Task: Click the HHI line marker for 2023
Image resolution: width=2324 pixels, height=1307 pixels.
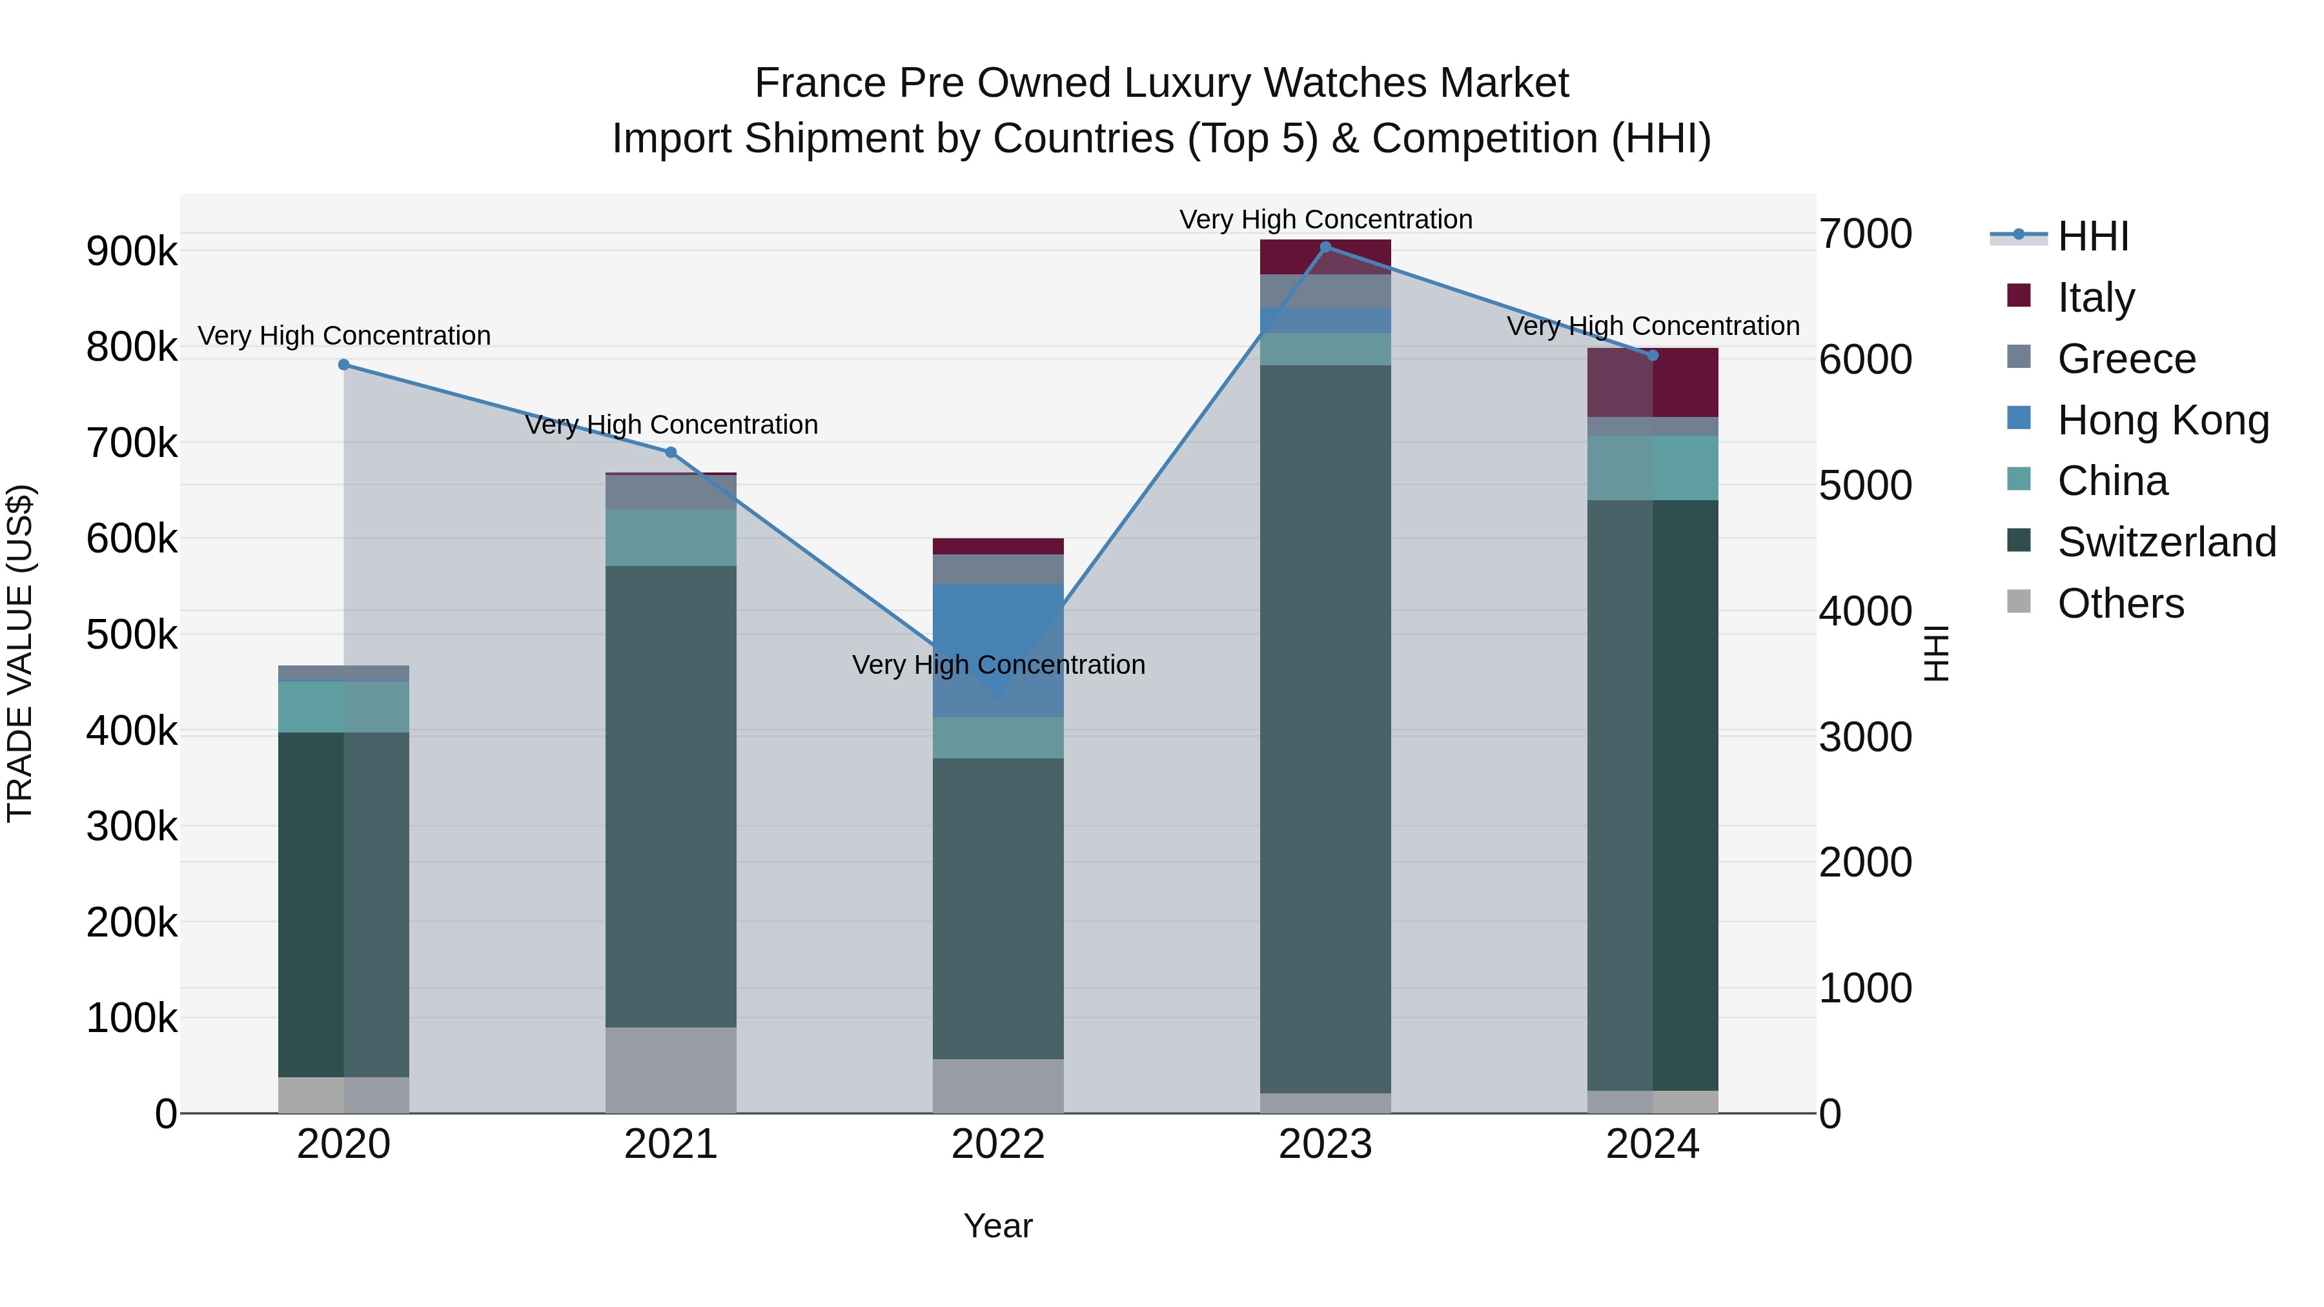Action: [1325, 247]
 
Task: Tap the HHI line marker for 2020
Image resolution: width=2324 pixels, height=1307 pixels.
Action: [343, 365]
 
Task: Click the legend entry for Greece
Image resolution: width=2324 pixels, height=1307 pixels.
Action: [2126, 359]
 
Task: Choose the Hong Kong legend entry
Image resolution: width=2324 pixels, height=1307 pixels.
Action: [2163, 420]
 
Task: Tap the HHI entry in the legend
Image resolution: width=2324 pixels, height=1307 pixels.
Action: [2092, 236]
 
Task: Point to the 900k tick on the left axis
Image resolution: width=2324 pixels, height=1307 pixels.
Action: [132, 252]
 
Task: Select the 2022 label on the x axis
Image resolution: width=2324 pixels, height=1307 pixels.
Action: [998, 1144]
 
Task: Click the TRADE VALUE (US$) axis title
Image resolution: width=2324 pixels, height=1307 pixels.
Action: [20, 653]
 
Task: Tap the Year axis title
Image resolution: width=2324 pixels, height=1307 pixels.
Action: [998, 1226]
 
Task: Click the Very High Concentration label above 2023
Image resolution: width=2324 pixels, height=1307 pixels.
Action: [1325, 219]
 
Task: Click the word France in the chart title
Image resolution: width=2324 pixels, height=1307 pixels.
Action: [819, 83]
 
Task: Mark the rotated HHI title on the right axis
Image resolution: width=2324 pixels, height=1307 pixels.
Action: [1937, 653]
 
